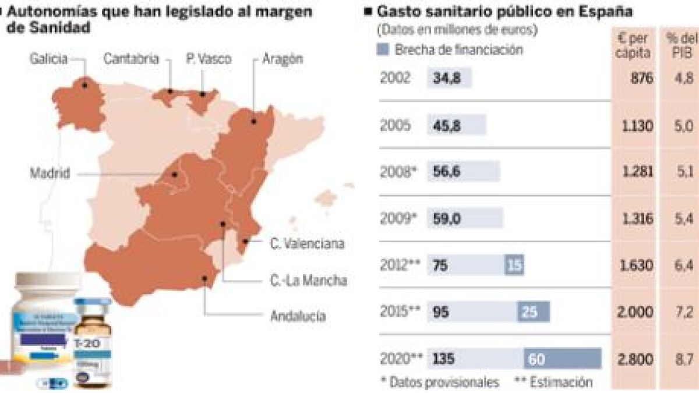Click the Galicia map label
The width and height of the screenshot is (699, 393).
(50, 59)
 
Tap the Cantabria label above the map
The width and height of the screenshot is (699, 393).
(130, 59)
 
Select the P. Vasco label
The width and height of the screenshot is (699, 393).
(209, 59)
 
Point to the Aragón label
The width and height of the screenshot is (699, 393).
(283, 59)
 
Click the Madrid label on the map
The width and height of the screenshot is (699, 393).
(50, 174)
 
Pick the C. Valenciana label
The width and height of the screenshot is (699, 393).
(307, 244)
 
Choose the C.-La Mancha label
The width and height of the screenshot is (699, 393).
(309, 281)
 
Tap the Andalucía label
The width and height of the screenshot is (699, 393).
(298, 316)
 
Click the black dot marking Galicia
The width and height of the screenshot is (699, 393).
(85, 85)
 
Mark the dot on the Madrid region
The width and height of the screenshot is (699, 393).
(174, 174)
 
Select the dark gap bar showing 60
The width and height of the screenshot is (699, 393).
(562, 359)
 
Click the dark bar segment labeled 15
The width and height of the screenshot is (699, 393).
(514, 265)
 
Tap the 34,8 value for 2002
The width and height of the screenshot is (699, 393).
(447, 79)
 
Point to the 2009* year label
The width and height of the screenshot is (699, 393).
(398, 218)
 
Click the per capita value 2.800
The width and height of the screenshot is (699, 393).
(634, 359)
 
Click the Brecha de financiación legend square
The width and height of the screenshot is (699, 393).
(384, 50)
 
